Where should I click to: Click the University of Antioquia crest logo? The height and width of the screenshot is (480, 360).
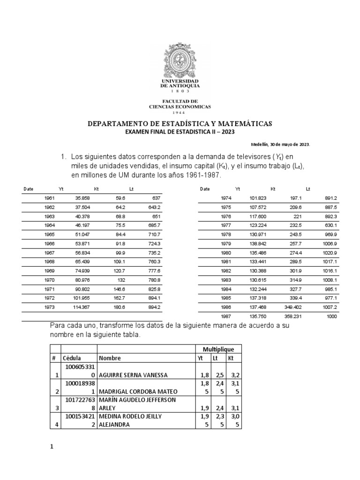pyautogui.click(x=180, y=60)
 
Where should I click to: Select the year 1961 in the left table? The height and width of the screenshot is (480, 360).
pyautogui.click(x=49, y=198)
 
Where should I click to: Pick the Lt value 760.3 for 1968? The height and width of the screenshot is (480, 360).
pyautogui.click(x=154, y=262)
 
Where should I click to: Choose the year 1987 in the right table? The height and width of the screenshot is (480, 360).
pyautogui.click(x=226, y=316)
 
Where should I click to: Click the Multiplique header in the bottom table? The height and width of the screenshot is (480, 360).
pyautogui.click(x=215, y=350)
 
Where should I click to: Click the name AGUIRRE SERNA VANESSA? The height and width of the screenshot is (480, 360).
pyautogui.click(x=134, y=375)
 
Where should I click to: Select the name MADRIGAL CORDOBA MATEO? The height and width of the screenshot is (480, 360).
pyautogui.click(x=136, y=392)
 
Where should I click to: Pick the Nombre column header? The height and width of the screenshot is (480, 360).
pyautogui.click(x=110, y=358)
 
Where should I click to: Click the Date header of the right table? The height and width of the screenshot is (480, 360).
pyautogui.click(x=204, y=189)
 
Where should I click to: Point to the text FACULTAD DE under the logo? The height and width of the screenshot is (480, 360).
pyautogui.click(x=180, y=101)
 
